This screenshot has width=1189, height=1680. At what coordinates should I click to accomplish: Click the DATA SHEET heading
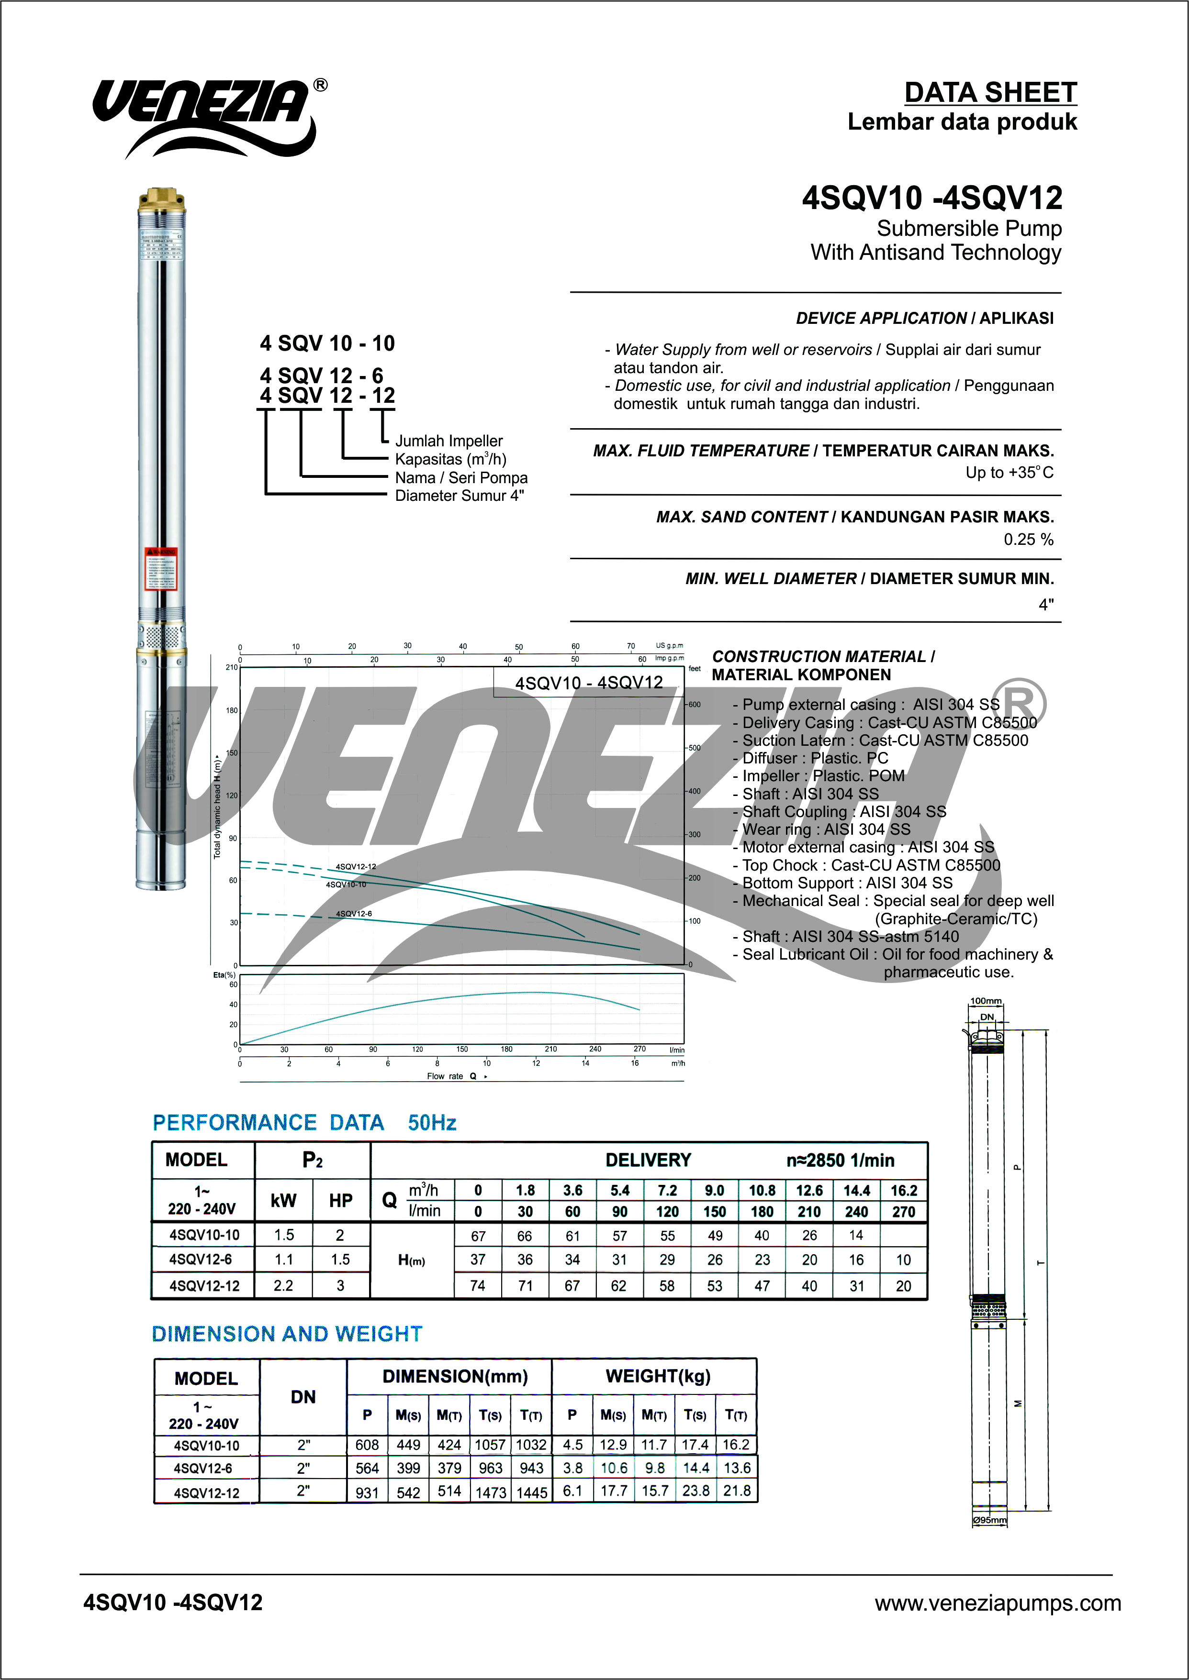[x=990, y=93]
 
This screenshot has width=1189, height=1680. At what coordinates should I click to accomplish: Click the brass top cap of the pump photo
[x=162, y=199]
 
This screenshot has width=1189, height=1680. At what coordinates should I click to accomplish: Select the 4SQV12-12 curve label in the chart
[x=356, y=866]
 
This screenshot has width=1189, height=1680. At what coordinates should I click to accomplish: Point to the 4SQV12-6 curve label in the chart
[x=354, y=914]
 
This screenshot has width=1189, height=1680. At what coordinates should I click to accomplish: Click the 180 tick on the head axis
[x=231, y=710]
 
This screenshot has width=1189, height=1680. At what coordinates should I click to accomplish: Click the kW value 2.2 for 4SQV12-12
[x=283, y=1286]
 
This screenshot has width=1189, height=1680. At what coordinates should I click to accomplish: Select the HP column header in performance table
[x=340, y=1201]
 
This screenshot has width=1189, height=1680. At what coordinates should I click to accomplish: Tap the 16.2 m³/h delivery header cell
[x=903, y=1191]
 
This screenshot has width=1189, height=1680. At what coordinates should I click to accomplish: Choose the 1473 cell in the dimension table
[x=491, y=1492]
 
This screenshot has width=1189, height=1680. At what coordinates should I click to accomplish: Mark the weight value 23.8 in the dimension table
[x=695, y=1491]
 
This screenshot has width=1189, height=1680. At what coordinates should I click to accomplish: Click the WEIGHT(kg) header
[x=658, y=1376]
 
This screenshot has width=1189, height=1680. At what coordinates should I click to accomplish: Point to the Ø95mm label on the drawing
[x=989, y=1520]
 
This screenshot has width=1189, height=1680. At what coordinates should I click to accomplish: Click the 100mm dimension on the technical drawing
[x=986, y=1001]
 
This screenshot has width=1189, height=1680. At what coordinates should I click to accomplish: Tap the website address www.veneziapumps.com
[x=997, y=1603]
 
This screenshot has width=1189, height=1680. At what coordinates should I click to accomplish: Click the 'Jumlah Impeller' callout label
[x=449, y=441]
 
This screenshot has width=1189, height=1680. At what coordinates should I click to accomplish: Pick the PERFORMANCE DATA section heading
[x=268, y=1122]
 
